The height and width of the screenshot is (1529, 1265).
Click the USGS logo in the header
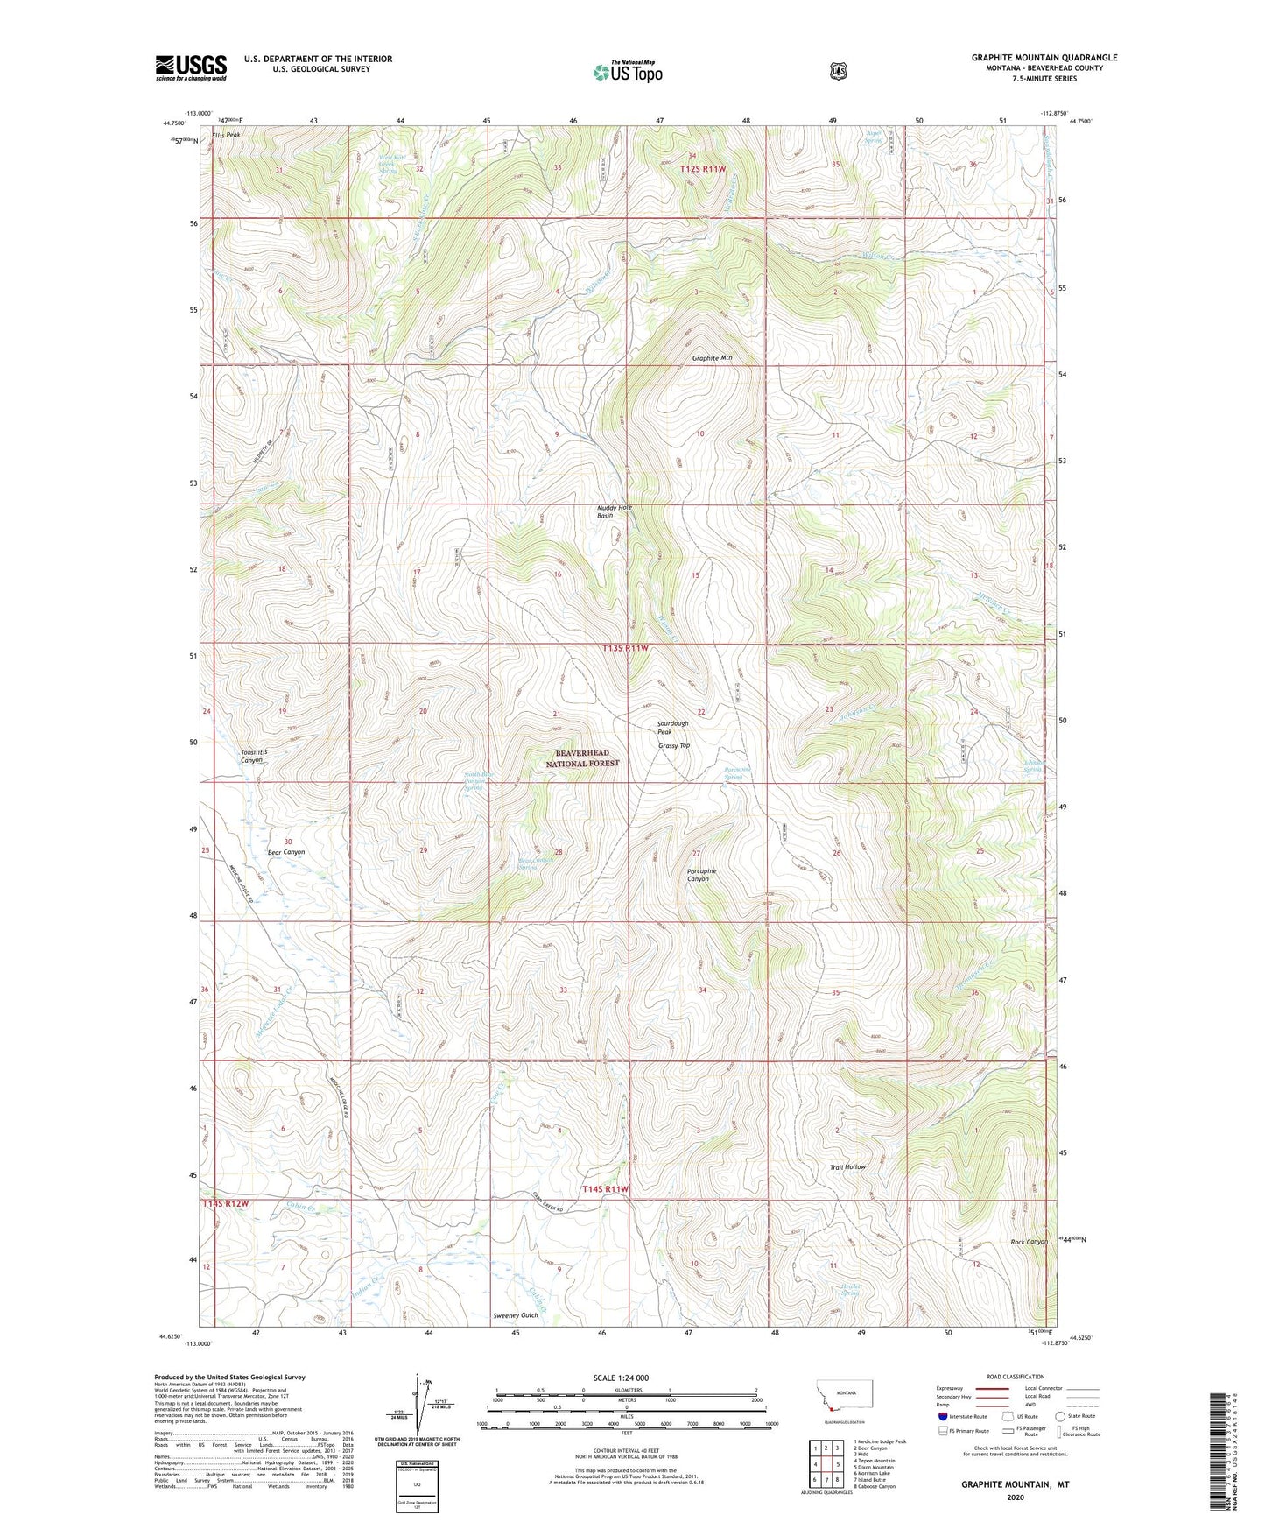click(x=191, y=67)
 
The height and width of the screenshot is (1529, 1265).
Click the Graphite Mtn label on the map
click(x=712, y=358)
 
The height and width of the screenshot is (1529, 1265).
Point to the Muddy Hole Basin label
click(x=614, y=511)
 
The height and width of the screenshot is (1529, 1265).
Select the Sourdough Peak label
click(x=673, y=727)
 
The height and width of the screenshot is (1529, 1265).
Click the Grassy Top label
click(x=674, y=746)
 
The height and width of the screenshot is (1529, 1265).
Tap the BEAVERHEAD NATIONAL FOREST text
click(x=582, y=758)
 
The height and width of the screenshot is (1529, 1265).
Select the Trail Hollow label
click(x=847, y=1167)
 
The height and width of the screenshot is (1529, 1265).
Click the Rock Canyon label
click(x=1029, y=1242)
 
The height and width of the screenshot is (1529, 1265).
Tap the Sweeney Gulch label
click(x=516, y=1315)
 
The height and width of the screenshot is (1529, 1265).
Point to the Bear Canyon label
click(x=285, y=852)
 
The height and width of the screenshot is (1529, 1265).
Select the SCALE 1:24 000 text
click(x=621, y=1378)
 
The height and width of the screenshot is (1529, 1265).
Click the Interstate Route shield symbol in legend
click(x=943, y=1416)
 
